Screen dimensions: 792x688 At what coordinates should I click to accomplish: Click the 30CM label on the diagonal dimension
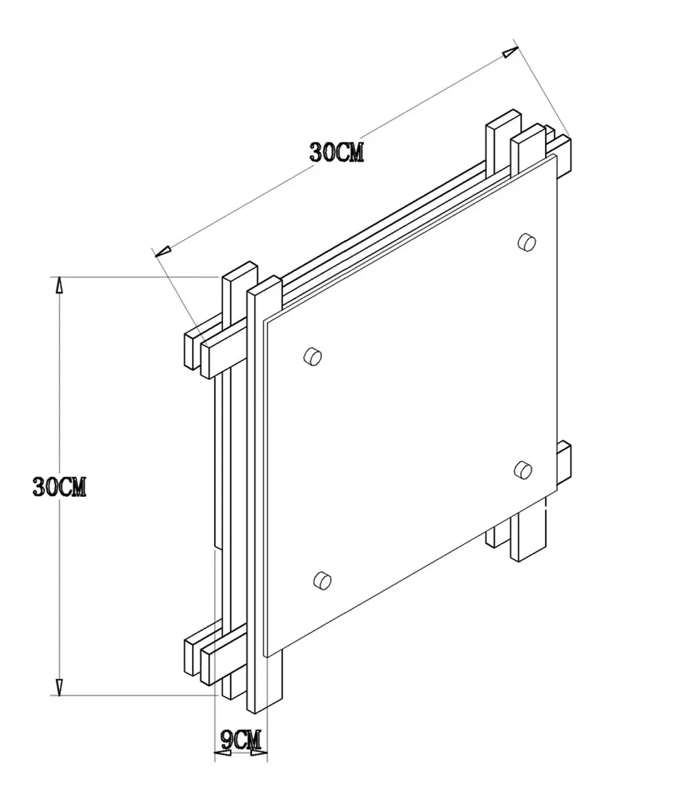336,152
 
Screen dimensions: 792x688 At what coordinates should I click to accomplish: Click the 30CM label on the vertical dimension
59,486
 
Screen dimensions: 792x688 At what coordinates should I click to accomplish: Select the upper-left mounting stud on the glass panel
313,356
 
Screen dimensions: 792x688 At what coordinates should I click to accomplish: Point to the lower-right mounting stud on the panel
523,469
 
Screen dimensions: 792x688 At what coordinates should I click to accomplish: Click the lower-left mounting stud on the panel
321,579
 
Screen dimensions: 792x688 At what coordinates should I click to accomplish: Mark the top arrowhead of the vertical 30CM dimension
59,286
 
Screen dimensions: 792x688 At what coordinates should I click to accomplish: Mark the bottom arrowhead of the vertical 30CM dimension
59,686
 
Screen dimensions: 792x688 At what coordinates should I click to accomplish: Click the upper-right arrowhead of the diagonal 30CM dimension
509,53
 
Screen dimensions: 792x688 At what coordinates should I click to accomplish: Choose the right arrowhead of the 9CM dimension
259,755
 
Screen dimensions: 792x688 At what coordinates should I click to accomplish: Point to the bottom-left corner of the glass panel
267,656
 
